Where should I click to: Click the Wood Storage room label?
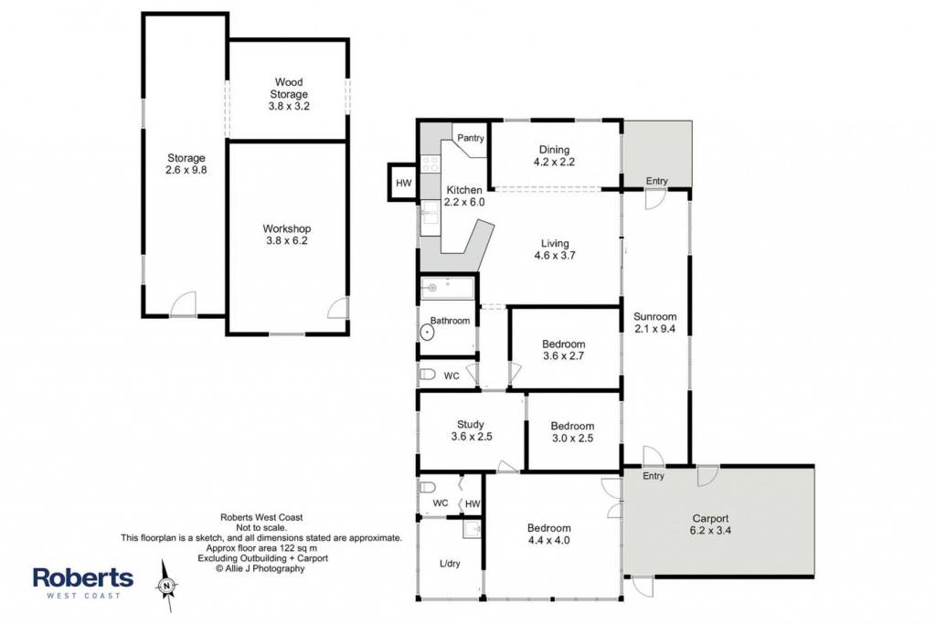click(x=289, y=94)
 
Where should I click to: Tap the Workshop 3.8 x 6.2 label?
click(x=286, y=235)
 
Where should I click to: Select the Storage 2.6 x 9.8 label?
click(x=186, y=164)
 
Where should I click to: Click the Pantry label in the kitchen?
click(x=471, y=138)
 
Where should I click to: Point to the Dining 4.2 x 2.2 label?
click(x=554, y=155)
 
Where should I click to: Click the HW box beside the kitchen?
click(x=403, y=183)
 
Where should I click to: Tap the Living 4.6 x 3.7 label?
click(x=555, y=249)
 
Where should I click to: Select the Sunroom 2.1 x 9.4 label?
click(x=654, y=323)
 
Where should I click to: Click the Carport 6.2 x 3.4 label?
click(x=710, y=524)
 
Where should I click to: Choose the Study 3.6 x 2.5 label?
click(x=471, y=430)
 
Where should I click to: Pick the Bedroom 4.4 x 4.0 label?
click(x=548, y=534)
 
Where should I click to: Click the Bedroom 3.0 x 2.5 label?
click(x=572, y=432)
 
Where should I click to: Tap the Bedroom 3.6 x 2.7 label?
click(x=563, y=350)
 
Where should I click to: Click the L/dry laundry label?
click(x=450, y=563)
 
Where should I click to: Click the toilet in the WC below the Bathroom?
click(x=428, y=375)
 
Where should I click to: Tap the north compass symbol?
click(x=166, y=586)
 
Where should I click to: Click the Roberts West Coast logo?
click(x=83, y=582)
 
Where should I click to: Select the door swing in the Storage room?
click(x=183, y=303)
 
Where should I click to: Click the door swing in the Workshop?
click(x=337, y=307)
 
